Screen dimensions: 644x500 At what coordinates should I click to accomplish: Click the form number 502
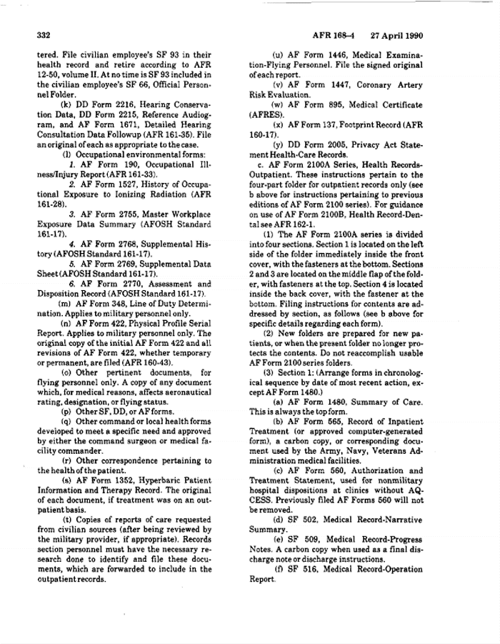tap(316, 520)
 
